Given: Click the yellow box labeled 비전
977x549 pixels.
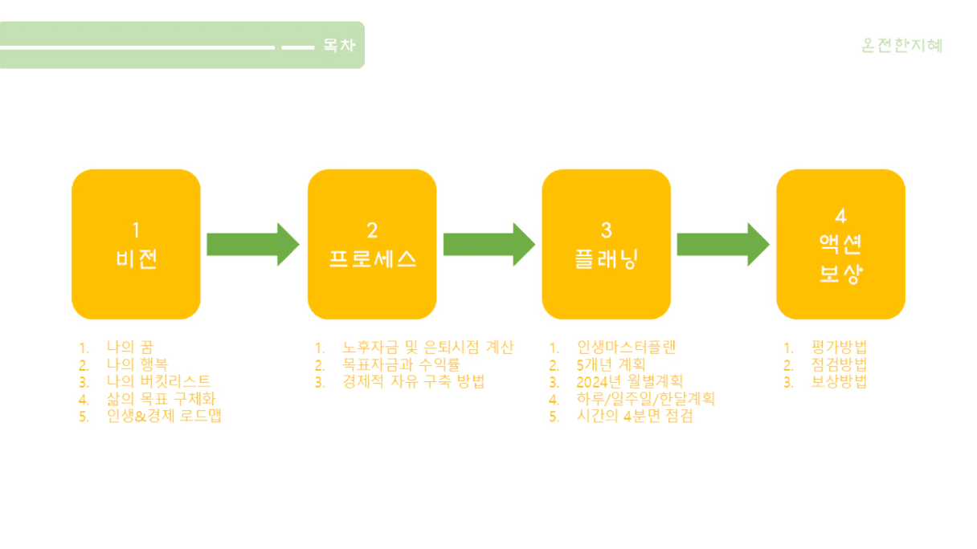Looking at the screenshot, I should click(x=136, y=244).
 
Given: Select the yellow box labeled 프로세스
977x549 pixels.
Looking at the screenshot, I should click(x=372, y=244).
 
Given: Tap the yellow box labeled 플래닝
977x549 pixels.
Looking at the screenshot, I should click(x=606, y=244).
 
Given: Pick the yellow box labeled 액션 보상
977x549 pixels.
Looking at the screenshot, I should click(x=840, y=244).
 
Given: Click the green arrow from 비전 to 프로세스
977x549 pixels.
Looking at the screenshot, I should click(x=252, y=244).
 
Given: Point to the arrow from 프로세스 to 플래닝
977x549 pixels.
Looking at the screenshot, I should click(x=488, y=244).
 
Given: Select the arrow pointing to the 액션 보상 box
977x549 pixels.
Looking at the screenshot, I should click(x=722, y=244).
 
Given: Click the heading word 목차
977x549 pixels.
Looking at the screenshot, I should click(x=339, y=46).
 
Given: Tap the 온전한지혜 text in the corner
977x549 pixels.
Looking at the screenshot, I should click(x=901, y=46).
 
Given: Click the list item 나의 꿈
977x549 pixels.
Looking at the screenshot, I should click(x=129, y=348).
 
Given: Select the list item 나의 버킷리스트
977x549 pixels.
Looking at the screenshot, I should click(x=158, y=381).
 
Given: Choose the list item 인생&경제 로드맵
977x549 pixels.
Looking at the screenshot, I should click(x=164, y=416).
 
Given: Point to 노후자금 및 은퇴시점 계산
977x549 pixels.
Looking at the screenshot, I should click(x=427, y=348).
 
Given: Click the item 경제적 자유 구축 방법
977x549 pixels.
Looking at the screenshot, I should click(x=413, y=381).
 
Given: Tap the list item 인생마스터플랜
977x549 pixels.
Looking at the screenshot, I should click(x=626, y=348).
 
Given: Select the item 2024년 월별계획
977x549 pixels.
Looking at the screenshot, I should click(x=630, y=381).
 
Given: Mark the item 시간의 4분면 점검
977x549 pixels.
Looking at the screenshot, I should click(x=634, y=416).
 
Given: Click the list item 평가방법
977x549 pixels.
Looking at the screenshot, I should click(x=839, y=348).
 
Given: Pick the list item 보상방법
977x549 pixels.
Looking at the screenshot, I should click(x=839, y=381).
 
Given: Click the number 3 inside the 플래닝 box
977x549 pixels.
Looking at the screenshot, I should click(x=606, y=230).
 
